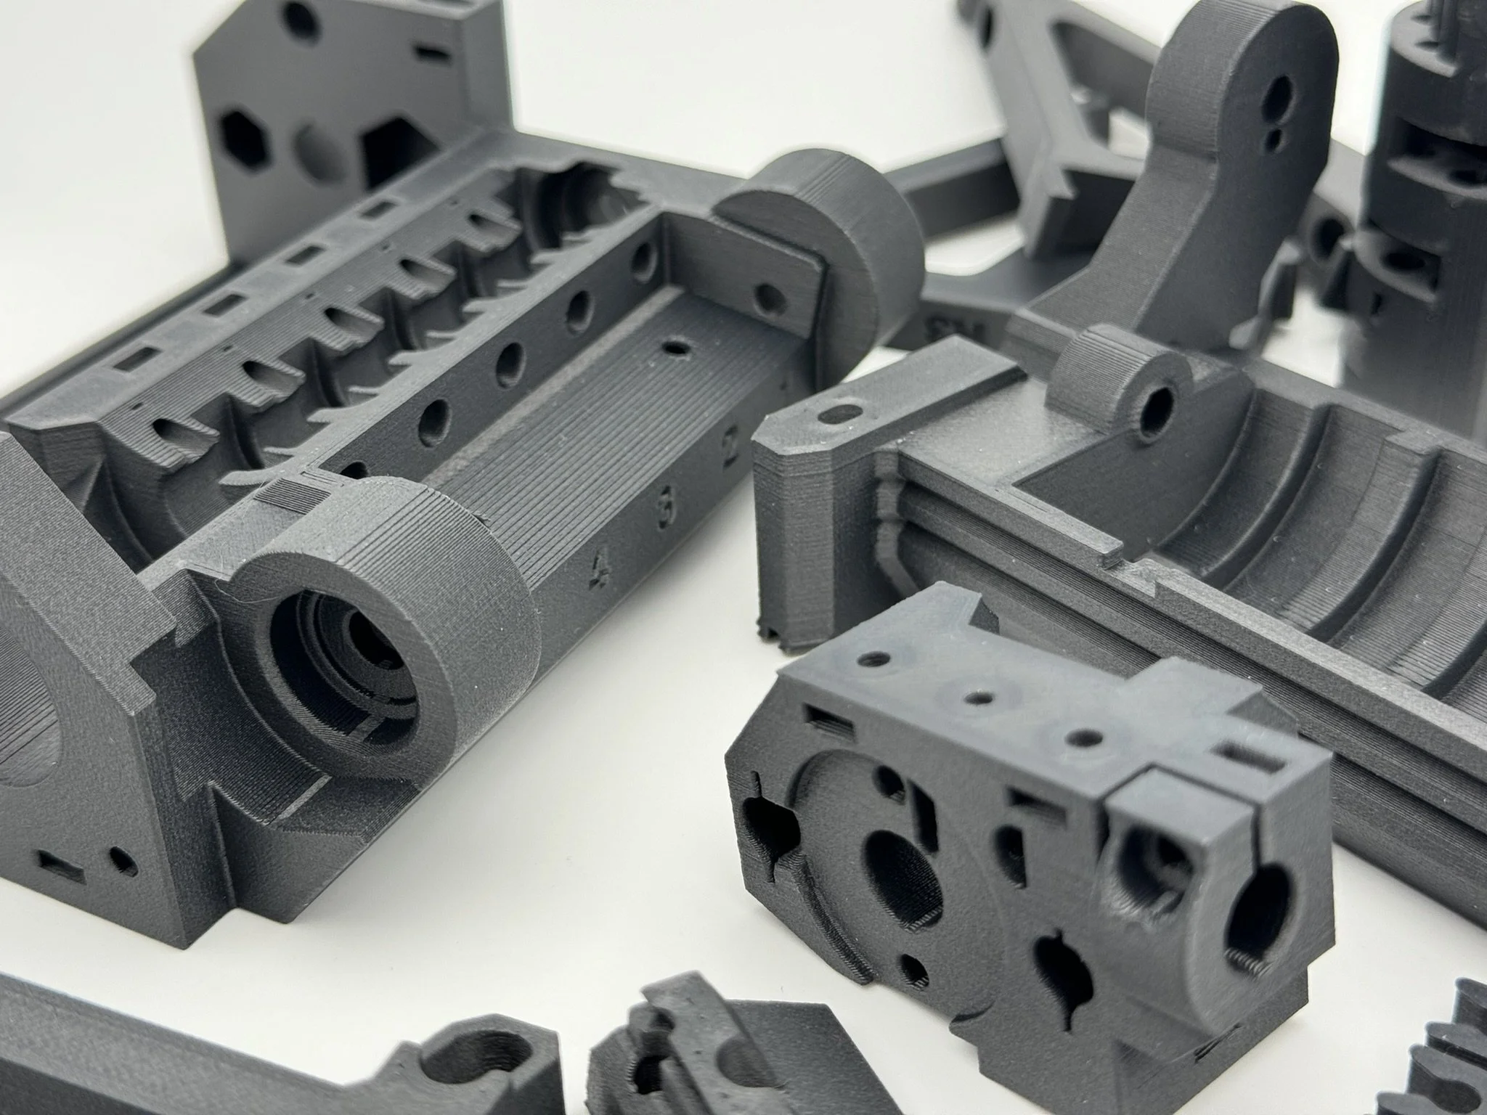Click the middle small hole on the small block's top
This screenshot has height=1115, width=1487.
point(979,698)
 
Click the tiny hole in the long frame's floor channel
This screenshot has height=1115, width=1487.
point(676,348)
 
